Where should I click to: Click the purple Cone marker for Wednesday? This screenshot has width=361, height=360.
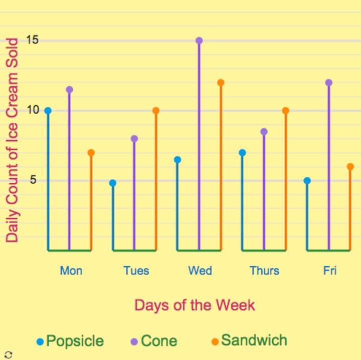pyautogui.click(x=199, y=41)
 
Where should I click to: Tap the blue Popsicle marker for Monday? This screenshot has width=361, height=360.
pyautogui.click(x=48, y=111)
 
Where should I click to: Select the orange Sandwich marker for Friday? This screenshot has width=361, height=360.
pyautogui.click(x=350, y=167)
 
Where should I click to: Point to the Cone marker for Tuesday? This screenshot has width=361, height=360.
pyautogui.click(x=134, y=139)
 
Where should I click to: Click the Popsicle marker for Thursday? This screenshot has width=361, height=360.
pyautogui.click(x=242, y=153)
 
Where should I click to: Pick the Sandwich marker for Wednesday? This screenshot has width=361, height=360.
pyautogui.click(x=221, y=83)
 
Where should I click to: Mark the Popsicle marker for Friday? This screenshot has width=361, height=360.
pyautogui.click(x=307, y=181)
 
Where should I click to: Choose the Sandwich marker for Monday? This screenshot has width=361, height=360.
pyautogui.click(x=91, y=153)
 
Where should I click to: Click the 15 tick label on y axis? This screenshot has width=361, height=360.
pyautogui.click(x=33, y=40)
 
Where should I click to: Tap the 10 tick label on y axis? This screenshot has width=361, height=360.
pyautogui.click(x=33, y=110)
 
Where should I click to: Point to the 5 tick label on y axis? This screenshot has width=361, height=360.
pyautogui.click(x=33, y=180)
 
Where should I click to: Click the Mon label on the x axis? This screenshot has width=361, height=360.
pyautogui.click(x=71, y=271)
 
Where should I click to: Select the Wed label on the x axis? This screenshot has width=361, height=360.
pyautogui.click(x=200, y=271)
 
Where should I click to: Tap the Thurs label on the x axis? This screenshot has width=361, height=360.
pyautogui.click(x=264, y=271)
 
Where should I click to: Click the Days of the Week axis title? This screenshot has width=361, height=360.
pyautogui.click(x=195, y=305)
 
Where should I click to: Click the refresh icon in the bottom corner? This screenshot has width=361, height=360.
pyautogui.click(x=8, y=354)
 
